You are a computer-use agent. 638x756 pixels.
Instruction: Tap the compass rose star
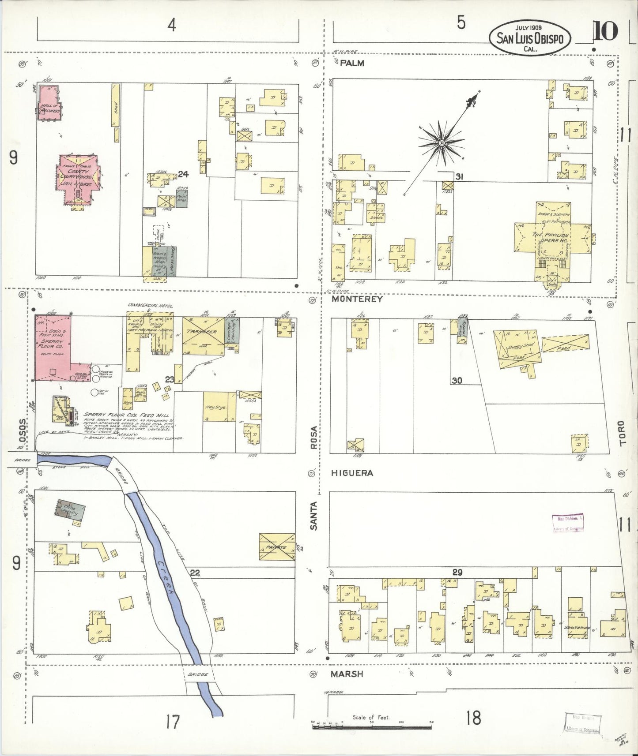441,143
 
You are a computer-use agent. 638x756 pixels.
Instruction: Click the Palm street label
352,63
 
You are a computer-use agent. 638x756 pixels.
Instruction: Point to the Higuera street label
352,473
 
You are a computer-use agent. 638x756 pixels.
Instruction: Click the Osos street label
23,428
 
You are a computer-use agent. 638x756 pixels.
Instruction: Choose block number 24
183,174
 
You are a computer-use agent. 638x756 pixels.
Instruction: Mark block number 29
457,573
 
